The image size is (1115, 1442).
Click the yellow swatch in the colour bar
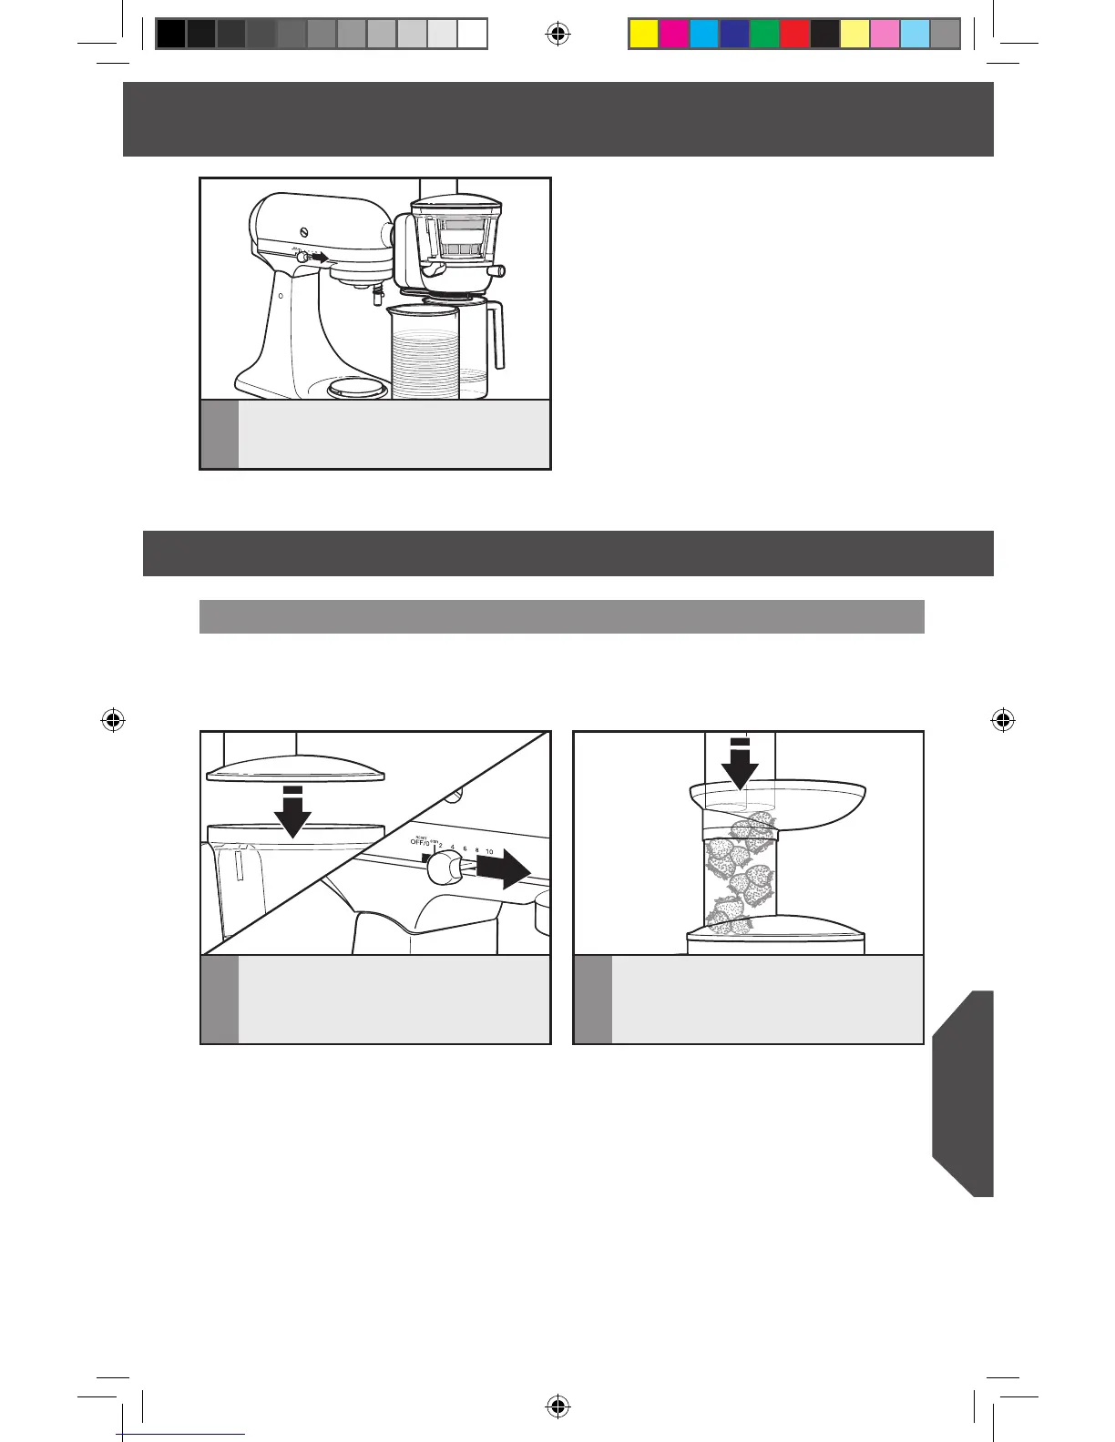[644, 34]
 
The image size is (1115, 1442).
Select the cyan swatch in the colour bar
[704, 34]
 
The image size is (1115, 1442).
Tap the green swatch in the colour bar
[764, 34]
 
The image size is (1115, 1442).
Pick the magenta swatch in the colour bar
[674, 34]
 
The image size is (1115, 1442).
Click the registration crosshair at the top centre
[557, 35]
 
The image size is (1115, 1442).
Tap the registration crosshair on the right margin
[1002, 720]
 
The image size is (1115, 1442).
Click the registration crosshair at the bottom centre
[557, 1407]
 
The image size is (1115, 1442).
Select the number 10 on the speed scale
[489, 851]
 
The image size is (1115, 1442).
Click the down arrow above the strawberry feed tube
[743, 764]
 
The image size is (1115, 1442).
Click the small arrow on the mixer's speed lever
[317, 258]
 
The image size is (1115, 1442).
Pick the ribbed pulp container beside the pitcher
[424, 355]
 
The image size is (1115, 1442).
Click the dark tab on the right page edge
[964, 1092]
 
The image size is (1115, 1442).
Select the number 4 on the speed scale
[453, 848]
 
